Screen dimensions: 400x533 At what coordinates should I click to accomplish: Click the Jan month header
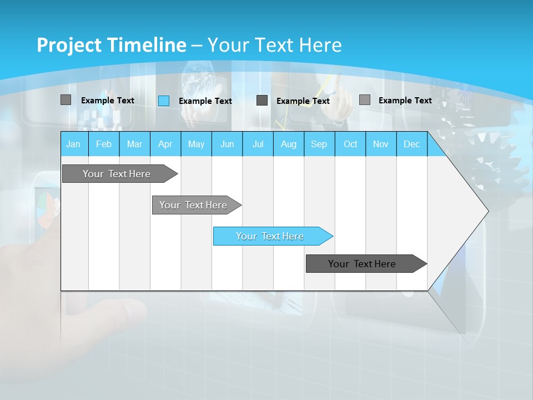point(74,144)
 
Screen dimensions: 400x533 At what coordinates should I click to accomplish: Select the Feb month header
point(104,144)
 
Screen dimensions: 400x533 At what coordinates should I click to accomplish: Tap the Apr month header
point(165,144)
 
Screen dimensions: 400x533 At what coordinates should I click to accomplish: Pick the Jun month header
point(227,144)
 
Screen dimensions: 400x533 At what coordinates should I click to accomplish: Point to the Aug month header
point(289,144)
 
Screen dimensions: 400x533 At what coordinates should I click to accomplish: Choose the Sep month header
point(319,144)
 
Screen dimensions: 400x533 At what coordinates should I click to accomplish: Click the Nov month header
point(381,144)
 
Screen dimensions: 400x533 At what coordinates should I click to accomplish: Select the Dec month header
point(411,144)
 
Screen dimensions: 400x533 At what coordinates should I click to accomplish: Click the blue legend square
point(164,101)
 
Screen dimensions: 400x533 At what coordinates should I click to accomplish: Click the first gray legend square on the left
point(66,100)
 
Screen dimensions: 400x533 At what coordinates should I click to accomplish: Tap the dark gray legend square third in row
point(262,101)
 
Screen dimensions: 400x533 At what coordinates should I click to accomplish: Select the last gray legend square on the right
point(365,100)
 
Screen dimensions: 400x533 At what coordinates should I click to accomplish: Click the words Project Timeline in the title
point(111,45)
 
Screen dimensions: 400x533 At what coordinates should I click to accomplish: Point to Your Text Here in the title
point(275,45)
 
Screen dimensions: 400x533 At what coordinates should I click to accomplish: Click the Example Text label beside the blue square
point(205,101)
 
